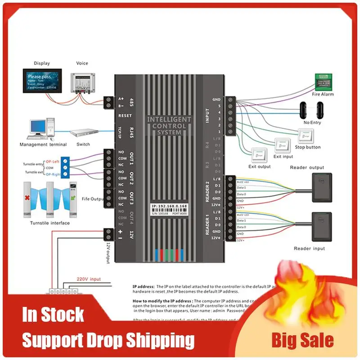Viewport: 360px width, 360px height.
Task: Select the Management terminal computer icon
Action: pos(43,130)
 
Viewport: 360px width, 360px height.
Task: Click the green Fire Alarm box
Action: pos(324,81)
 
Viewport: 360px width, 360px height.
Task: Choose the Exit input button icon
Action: pos(282,145)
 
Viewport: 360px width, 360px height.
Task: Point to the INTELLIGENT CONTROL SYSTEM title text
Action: pos(169,126)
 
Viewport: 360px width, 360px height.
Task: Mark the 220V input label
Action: pos(90,279)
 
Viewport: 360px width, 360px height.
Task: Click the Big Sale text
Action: pos(302,340)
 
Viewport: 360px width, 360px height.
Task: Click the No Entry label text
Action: pos(312,122)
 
